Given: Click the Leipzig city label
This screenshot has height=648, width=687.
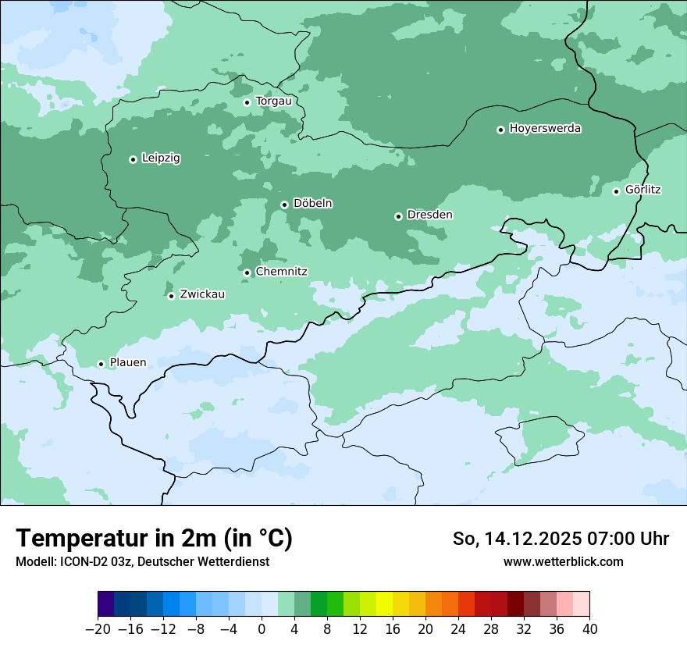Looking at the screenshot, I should click(161, 158).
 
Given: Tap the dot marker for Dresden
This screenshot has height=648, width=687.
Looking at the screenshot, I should click(398, 216).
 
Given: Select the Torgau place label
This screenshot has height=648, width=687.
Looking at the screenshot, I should click(273, 101).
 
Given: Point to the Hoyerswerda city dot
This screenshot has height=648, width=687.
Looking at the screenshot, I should click(500, 130).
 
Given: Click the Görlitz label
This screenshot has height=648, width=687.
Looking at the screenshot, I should click(643, 190).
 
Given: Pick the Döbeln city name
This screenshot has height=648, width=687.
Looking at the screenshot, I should click(312, 204).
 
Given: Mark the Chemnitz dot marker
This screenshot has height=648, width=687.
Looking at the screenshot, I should click(247, 272).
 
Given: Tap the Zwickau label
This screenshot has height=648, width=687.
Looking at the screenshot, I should click(202, 295).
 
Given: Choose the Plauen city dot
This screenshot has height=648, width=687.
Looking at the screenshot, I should click(101, 364).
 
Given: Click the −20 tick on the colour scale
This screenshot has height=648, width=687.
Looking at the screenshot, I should click(98, 629).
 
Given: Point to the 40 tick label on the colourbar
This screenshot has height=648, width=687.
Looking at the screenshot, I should click(589, 629).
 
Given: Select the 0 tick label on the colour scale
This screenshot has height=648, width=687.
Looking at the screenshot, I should click(262, 629).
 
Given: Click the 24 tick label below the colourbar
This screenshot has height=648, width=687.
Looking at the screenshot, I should click(458, 629).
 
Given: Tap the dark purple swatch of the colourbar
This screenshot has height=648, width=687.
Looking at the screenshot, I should click(105, 604).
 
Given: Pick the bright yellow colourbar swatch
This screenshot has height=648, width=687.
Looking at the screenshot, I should click(384, 604).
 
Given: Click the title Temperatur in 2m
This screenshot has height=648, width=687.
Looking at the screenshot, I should click(154, 539).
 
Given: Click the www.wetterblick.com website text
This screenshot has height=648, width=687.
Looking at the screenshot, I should click(563, 562).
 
